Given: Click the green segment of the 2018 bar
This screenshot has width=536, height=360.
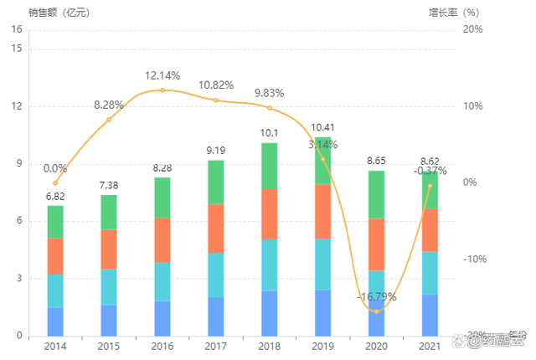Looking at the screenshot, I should (x=270, y=166).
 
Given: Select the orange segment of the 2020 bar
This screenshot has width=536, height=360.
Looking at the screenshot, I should (x=377, y=244).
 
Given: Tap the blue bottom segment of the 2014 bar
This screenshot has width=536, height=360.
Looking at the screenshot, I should (x=55, y=321).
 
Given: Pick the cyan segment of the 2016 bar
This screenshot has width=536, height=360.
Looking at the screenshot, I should (x=162, y=281).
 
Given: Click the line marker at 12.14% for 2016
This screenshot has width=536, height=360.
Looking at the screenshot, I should (x=162, y=90).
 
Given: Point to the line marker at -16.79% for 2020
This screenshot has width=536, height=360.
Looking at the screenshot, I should (x=377, y=311).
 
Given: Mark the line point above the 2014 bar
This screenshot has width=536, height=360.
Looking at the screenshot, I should (x=55, y=183).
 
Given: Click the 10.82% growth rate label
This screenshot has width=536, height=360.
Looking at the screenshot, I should (x=216, y=85).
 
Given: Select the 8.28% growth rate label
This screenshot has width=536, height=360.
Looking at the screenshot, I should (x=109, y=105).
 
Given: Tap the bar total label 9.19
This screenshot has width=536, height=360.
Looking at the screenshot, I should (x=216, y=151).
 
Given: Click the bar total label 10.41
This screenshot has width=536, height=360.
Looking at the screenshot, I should (x=323, y=128).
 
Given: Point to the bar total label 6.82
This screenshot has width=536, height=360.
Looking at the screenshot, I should (x=55, y=197).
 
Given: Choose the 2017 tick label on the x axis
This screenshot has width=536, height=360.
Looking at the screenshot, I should (x=216, y=346).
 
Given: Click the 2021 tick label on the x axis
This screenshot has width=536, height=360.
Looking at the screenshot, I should (x=430, y=346).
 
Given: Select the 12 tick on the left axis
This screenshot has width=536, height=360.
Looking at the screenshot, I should (x=17, y=106).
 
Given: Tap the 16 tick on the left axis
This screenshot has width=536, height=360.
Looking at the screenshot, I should (x=17, y=30).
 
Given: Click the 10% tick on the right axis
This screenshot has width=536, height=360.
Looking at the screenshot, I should (x=473, y=106).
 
